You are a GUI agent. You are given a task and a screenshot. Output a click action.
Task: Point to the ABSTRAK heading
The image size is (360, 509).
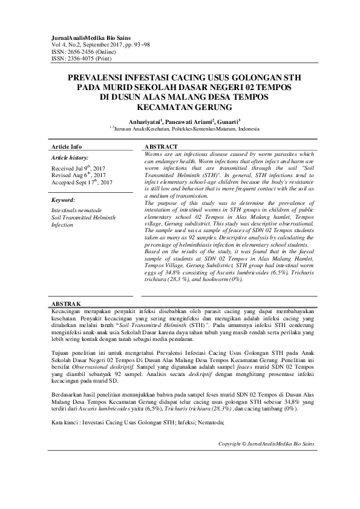pyautogui.click(x=66, y=302)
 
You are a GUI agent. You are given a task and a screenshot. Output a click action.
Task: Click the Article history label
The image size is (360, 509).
pyautogui.click(x=70, y=157)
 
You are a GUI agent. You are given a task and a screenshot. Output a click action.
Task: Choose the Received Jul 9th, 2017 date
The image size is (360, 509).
pyautogui.click(x=79, y=167)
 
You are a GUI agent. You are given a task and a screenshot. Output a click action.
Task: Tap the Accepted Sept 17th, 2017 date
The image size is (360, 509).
pyautogui.click(x=82, y=181)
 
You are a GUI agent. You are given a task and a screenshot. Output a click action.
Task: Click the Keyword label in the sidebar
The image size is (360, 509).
pyautogui.click(x=64, y=200)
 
